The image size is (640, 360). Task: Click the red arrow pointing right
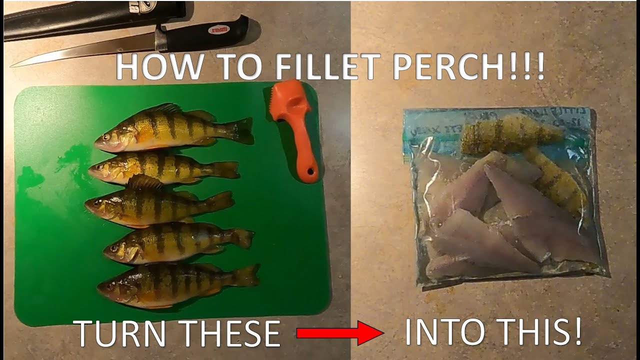point(340,333)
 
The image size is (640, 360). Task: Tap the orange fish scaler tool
point(294,130)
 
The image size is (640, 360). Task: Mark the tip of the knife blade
point(12,64)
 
